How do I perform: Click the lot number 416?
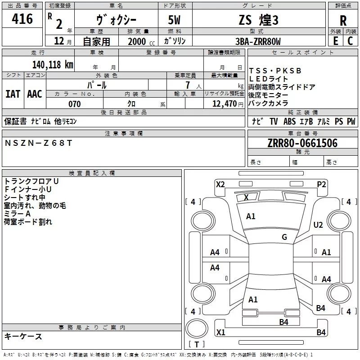22,19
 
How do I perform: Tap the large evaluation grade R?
343,20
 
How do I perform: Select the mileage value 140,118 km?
53,64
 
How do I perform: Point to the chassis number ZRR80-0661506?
302,143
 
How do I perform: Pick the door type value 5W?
175,20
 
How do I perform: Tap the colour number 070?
74,104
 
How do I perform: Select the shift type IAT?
13,94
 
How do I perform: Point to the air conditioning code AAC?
35,94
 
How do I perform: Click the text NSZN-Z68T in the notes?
38,143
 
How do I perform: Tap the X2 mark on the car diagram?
220,184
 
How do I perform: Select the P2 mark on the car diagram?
321,184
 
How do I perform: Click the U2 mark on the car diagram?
319,225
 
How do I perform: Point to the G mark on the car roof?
284,237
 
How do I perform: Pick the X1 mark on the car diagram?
220,333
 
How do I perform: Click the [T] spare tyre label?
197,345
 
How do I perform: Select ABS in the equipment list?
289,121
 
